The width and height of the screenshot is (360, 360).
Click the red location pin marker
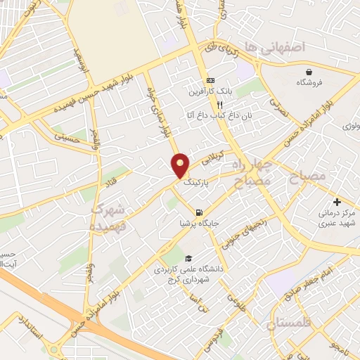point(181,166)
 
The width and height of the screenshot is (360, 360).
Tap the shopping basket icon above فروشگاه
point(309,72)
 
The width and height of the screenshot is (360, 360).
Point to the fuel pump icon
point(200,213)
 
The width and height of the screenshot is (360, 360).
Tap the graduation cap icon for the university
point(187,258)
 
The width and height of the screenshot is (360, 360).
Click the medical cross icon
point(337,201)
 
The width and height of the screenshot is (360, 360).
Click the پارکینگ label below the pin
point(197,181)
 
